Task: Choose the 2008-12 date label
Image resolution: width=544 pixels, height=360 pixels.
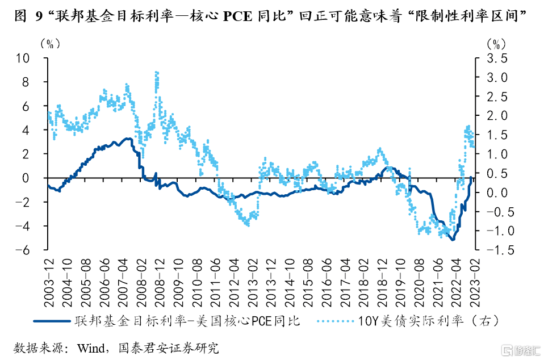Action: tap(160, 278)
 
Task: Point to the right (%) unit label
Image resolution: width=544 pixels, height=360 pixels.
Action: tap(496, 43)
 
